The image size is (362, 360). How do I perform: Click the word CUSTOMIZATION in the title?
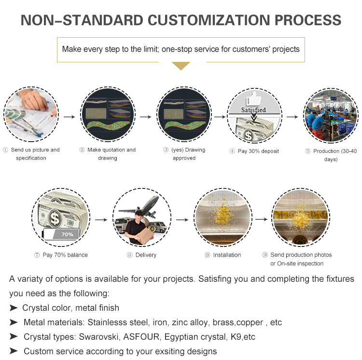tap(209, 20)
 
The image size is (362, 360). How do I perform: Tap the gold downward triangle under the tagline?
tap(181, 66)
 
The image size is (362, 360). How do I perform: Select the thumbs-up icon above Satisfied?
tap(254, 99)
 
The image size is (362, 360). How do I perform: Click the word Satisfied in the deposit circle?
tap(253, 110)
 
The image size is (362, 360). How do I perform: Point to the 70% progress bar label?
tap(67, 234)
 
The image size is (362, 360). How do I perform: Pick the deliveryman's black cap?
tap(139, 213)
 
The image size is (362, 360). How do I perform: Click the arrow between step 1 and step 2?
tap(69, 117)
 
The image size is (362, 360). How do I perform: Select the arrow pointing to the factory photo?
tap(292, 117)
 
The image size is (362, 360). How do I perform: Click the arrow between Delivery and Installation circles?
tap(182, 219)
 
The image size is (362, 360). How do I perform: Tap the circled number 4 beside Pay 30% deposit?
tap(232, 151)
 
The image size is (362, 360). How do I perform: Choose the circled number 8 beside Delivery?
tap(130, 255)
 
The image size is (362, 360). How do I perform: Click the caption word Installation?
tap(227, 255)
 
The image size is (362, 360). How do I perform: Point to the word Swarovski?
tap(99, 337)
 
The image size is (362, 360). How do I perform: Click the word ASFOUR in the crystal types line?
tap(141, 337)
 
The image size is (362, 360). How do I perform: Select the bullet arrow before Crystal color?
tap(14, 308)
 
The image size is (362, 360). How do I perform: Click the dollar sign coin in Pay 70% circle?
tap(55, 217)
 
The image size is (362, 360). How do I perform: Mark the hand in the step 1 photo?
tap(35, 100)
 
